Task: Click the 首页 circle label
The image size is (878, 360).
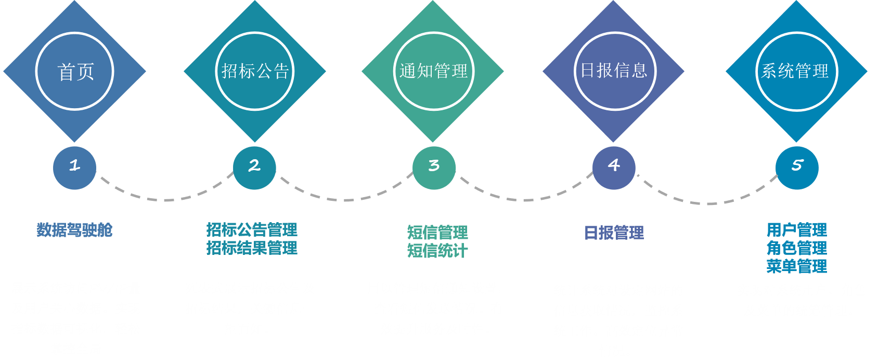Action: tap(75, 71)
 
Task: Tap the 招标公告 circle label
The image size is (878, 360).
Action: tap(255, 71)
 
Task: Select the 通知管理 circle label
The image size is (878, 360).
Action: tap(434, 71)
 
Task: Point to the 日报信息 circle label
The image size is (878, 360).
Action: tap(614, 71)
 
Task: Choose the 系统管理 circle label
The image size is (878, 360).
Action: tap(795, 71)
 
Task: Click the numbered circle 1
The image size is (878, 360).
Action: tap(74, 166)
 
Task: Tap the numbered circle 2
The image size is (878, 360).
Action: tap(254, 166)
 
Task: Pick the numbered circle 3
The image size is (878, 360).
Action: tap(434, 166)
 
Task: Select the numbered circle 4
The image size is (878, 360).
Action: tap(614, 166)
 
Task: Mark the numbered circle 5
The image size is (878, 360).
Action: tap(797, 166)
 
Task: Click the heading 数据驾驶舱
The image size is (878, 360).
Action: tap(74, 230)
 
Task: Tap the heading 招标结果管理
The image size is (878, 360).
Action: tap(252, 248)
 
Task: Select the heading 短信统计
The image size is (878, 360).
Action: tap(437, 251)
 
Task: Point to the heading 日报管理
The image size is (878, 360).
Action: tap(614, 233)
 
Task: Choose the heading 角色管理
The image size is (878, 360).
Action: tap(796, 248)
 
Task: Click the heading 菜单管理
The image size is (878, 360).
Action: tap(796, 266)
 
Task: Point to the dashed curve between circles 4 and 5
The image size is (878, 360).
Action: tap(707, 203)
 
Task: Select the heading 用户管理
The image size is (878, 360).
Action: tap(796, 230)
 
